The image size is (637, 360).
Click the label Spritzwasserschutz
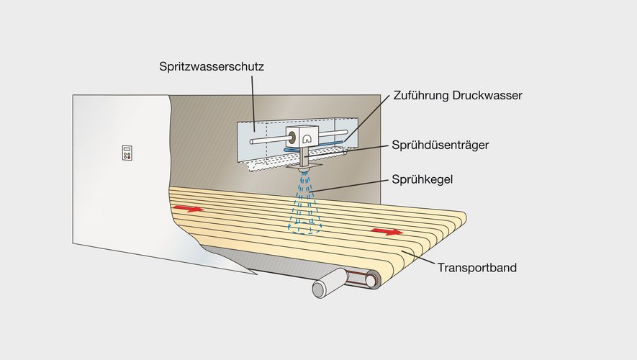click(x=211, y=67)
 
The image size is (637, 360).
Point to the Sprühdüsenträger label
click(x=441, y=145)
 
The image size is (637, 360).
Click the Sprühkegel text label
click(x=422, y=179)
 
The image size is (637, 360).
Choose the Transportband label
click(x=477, y=268)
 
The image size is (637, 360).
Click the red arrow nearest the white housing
click(x=189, y=209)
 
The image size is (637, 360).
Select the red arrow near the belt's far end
click(x=387, y=232)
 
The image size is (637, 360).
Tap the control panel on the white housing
click(x=127, y=153)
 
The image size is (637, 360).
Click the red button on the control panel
click(x=130, y=156)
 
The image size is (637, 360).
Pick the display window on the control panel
click(x=127, y=149)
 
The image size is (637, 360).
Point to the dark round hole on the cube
click(x=292, y=138)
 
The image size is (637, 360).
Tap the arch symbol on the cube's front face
click(x=306, y=139)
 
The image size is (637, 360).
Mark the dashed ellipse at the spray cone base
click(x=304, y=228)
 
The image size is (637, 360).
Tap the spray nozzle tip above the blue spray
click(x=304, y=170)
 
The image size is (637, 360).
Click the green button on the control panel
click(x=125, y=156)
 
